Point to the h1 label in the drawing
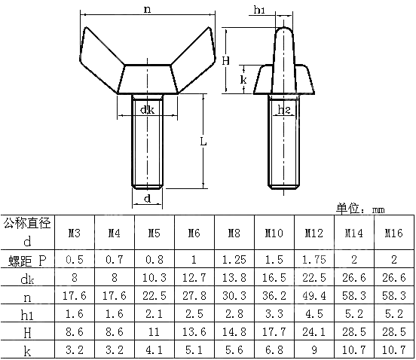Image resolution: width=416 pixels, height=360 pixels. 259,10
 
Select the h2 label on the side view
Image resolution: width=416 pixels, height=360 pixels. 284,111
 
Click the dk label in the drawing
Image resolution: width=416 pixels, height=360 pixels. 147,110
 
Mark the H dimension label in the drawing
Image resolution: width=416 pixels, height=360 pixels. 226,60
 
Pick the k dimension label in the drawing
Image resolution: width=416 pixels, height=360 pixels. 243,79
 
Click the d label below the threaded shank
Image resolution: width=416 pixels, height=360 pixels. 148,199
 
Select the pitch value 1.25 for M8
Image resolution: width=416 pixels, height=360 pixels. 233,259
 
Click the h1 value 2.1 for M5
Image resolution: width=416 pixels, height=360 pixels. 153,313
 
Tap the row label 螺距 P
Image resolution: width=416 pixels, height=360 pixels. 27,260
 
